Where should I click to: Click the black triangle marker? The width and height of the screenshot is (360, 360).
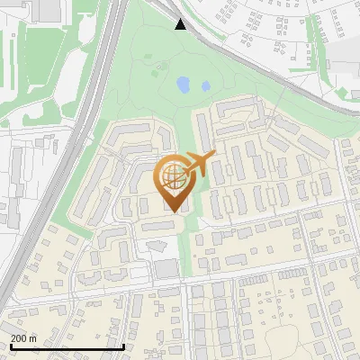tap(181, 24)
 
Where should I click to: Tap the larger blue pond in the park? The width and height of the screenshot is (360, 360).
tap(184, 85)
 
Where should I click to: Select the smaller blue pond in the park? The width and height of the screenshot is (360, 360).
tap(205, 86)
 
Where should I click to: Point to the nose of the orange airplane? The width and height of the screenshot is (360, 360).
tap(213, 156)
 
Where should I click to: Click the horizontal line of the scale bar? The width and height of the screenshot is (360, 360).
tap(67, 346)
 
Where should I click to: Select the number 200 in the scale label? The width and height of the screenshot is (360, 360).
tap(20, 338)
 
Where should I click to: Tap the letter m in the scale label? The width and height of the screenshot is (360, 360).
tap(33, 338)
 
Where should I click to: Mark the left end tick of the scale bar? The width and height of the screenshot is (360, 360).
tap(10, 345)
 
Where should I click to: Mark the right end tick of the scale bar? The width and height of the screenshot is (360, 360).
tap(123, 345)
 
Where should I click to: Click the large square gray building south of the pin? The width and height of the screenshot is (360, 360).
tap(166, 268)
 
